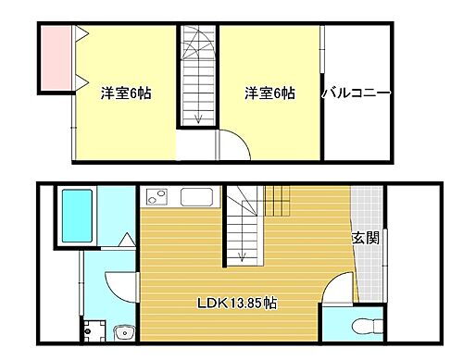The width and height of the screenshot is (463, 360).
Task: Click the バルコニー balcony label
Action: pos(357,93)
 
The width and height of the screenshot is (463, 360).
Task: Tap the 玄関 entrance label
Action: pos(365,237)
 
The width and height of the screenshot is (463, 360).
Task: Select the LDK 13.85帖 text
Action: pos(234,303)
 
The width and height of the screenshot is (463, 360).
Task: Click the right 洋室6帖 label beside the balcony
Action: pos(269,93)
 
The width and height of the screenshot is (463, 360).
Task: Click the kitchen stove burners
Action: pos(156,196)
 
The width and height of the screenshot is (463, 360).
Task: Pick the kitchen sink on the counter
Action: pos(196,196)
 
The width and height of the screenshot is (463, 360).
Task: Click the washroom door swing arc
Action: pos(119,282)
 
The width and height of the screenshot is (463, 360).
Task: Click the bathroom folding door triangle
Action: pos(127,241)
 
